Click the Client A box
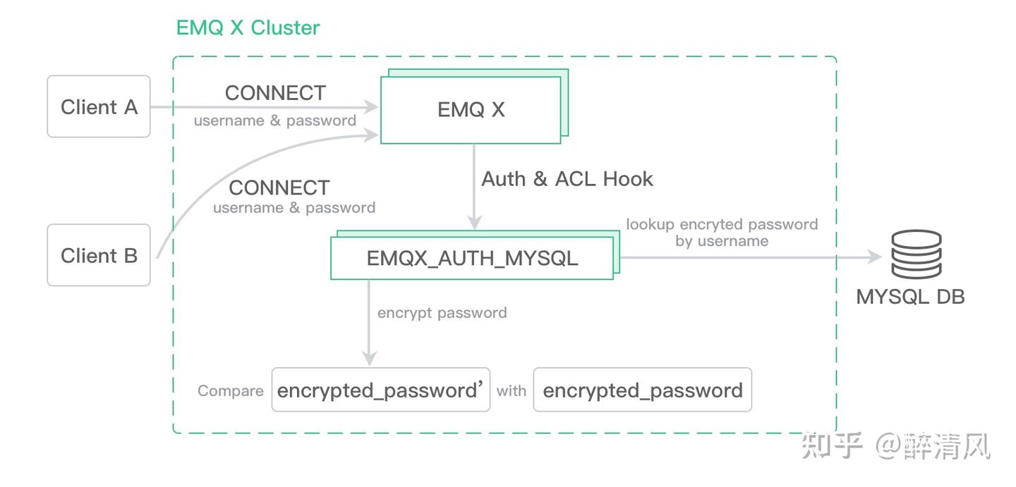[99, 106]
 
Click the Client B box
[99, 255]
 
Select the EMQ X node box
[471, 110]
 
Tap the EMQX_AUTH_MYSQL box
[471, 258]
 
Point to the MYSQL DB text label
[910, 296]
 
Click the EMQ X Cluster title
[248, 27]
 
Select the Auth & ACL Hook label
[567, 179]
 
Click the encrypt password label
[442, 312]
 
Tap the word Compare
[230, 390]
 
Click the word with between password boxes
[512, 390]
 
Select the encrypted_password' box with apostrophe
[381, 390]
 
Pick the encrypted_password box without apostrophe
[643, 390]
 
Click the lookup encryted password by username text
[722, 233]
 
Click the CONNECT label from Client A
[275, 93]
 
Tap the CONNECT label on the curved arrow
[279, 187]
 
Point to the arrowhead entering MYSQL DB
[875, 257]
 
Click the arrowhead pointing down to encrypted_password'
[369, 359]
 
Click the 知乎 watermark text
[832, 446]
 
